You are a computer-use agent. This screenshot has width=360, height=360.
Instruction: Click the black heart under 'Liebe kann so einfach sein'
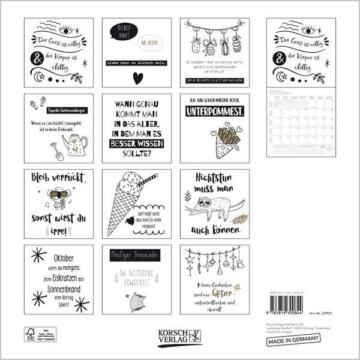[x=136, y=77]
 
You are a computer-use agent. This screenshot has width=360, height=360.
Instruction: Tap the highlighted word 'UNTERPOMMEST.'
[x=214, y=112]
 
